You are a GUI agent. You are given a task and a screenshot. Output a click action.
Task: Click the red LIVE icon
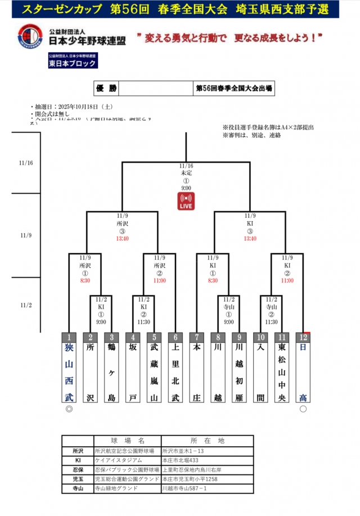(x=186, y=201)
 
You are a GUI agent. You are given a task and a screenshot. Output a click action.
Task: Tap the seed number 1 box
(x=68, y=336)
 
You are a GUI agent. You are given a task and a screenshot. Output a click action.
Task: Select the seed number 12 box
(x=303, y=336)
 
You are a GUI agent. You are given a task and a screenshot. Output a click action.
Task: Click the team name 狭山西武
(x=68, y=373)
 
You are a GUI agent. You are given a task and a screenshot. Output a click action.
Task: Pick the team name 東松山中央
(x=282, y=373)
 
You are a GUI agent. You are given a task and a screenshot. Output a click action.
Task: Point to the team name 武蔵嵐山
(x=154, y=373)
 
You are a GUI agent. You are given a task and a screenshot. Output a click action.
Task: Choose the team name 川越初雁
(x=239, y=373)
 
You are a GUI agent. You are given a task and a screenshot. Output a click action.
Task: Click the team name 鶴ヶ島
(x=111, y=373)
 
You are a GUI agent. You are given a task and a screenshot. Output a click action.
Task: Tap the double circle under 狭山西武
(x=69, y=409)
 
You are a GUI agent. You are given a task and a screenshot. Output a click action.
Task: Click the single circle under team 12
(x=303, y=409)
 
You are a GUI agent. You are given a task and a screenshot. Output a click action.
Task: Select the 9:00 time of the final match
(x=186, y=188)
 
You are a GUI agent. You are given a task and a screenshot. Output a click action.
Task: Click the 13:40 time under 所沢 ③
(x=122, y=238)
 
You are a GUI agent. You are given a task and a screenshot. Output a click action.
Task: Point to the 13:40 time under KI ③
(x=250, y=238)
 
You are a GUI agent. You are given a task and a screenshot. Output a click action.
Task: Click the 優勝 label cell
(x=106, y=89)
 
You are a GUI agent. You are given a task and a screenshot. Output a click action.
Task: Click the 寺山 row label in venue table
(x=78, y=488)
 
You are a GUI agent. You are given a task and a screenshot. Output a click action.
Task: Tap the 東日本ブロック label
(x=71, y=64)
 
